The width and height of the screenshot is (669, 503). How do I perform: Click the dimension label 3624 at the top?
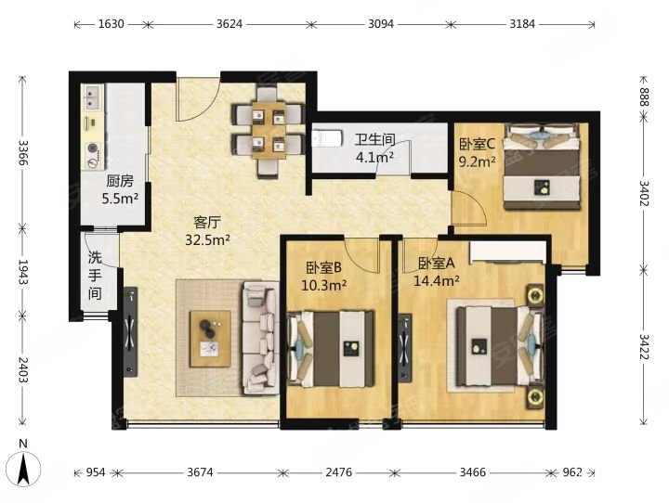pos(230,24)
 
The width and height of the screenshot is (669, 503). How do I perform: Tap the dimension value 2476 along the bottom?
pos(339,472)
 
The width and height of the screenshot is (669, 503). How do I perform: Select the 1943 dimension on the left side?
pos(23,273)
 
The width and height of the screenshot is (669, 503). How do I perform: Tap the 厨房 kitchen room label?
pos(120,182)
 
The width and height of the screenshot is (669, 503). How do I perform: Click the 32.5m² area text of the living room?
pos(207,240)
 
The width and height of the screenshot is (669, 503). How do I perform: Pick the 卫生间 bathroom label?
pos(375,139)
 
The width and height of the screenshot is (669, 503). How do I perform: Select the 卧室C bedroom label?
pos(477,145)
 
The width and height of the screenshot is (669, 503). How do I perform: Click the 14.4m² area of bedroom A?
pos(437,281)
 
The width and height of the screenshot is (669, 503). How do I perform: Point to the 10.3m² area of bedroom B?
pos(323,285)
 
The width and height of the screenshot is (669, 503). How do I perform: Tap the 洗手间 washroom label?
pos(95,276)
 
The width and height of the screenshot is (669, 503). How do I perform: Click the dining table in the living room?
pos(269,130)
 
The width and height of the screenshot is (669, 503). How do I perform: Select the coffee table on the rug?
pos(210,339)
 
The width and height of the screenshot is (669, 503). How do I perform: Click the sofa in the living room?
pos(260,337)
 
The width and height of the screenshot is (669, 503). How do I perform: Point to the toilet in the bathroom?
pos(327,138)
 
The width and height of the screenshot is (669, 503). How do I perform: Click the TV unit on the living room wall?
pos(131,331)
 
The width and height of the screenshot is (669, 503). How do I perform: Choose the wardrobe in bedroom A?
pos(507,252)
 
